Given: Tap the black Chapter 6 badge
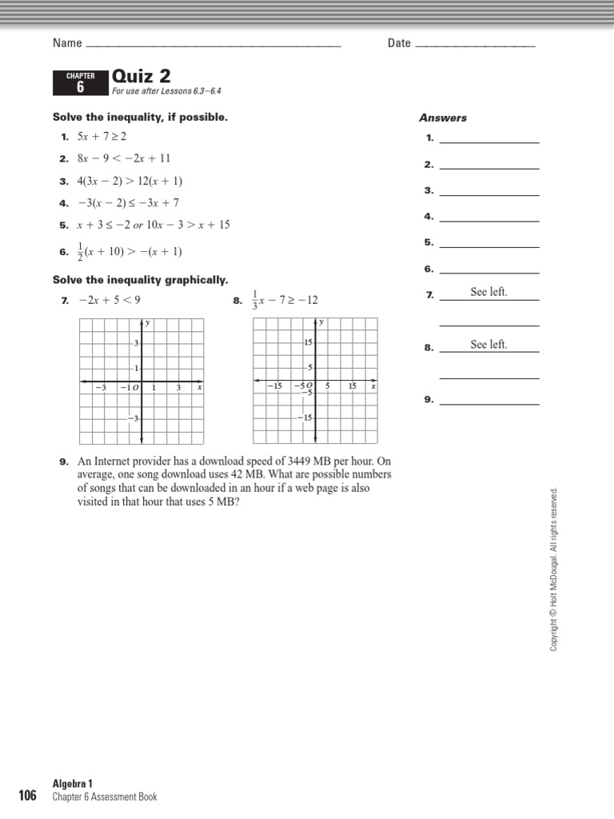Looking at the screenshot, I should pos(80,82).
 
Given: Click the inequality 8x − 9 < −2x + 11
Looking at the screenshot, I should pos(124,158).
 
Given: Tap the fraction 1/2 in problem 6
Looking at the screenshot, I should pos(80,252).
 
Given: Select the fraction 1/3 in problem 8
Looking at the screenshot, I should pos(256,301).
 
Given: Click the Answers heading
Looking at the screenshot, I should pos(443,118).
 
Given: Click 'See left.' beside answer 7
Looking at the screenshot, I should pos(488,293).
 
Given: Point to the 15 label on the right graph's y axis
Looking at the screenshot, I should pos(308,342).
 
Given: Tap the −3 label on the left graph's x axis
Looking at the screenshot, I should pos(101,388).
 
